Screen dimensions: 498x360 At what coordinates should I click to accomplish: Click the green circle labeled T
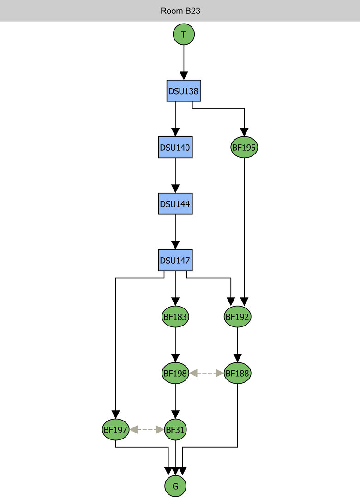184,34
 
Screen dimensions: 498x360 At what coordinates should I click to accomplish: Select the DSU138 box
184,91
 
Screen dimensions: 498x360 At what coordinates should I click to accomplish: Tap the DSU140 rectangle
175,148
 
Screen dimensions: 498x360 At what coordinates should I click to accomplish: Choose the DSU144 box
175,203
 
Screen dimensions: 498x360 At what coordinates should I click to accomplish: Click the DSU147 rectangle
175,261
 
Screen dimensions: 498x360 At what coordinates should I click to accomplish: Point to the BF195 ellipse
244,148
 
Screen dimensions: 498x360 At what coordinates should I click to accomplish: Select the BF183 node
175,317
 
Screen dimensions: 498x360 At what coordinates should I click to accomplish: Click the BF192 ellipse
237,317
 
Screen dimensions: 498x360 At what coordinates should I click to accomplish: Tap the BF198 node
175,373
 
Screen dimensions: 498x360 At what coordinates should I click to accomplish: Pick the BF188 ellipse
237,373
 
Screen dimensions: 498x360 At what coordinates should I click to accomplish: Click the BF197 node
115,430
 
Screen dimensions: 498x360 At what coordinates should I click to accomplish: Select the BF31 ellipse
175,430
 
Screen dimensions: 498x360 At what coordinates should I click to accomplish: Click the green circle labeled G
175,486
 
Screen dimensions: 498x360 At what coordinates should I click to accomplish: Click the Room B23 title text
180,11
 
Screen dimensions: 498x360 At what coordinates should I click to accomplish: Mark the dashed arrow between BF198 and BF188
206,373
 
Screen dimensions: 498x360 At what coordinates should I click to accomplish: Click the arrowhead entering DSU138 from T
184,76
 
